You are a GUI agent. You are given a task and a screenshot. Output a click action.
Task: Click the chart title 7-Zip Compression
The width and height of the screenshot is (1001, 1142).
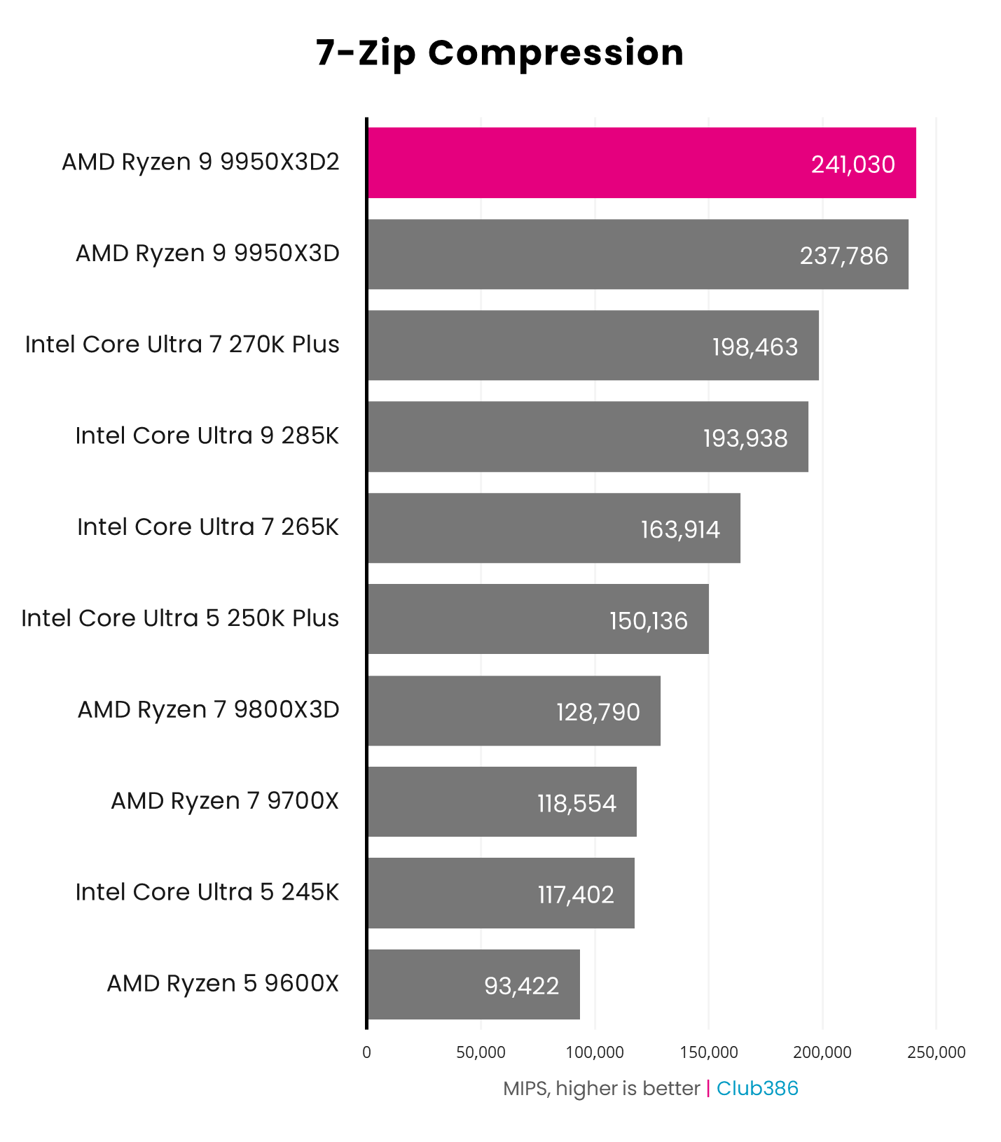click(499, 53)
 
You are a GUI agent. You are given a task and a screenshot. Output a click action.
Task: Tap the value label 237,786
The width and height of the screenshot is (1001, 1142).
click(843, 256)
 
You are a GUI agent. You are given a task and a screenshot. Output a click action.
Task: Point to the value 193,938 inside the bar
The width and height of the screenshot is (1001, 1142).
click(745, 438)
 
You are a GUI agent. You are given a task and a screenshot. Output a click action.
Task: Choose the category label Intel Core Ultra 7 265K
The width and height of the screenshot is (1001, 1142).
click(208, 527)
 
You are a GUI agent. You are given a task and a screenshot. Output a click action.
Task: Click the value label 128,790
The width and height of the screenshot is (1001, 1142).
click(598, 712)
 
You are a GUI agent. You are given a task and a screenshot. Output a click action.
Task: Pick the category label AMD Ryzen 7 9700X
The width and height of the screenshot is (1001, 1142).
click(225, 800)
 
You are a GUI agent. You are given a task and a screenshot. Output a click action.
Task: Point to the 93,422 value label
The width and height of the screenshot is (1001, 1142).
click(521, 986)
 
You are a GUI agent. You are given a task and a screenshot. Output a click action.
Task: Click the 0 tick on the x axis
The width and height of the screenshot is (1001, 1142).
click(366, 1052)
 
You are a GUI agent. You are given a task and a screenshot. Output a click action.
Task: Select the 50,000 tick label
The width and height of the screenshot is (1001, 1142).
click(481, 1052)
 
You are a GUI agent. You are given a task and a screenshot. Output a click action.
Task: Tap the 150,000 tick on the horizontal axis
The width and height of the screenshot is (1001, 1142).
click(708, 1052)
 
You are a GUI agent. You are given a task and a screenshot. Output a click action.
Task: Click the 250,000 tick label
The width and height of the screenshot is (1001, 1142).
click(936, 1052)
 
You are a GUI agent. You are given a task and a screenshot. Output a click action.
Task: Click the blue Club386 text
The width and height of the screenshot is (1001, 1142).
click(757, 1088)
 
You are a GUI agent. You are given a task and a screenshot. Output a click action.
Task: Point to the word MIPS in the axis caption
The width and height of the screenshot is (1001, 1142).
click(525, 1089)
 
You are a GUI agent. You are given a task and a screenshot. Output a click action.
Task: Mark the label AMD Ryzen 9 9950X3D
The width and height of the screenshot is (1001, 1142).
click(207, 253)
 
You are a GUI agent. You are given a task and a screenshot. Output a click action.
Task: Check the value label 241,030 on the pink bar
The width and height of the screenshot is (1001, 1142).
click(852, 165)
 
